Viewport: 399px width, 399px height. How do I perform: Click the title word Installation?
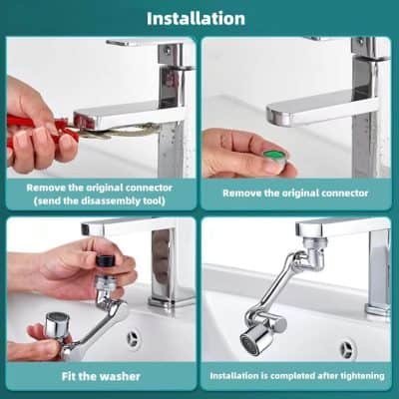click(196, 18)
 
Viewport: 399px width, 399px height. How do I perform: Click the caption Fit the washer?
click(99, 376)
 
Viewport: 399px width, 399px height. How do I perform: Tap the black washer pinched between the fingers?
click(103, 261)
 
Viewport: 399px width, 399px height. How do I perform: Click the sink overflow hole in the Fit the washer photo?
click(132, 339)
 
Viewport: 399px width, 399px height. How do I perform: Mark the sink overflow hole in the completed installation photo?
click(346, 350)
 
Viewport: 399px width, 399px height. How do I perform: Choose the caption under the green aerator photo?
click(295, 188)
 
